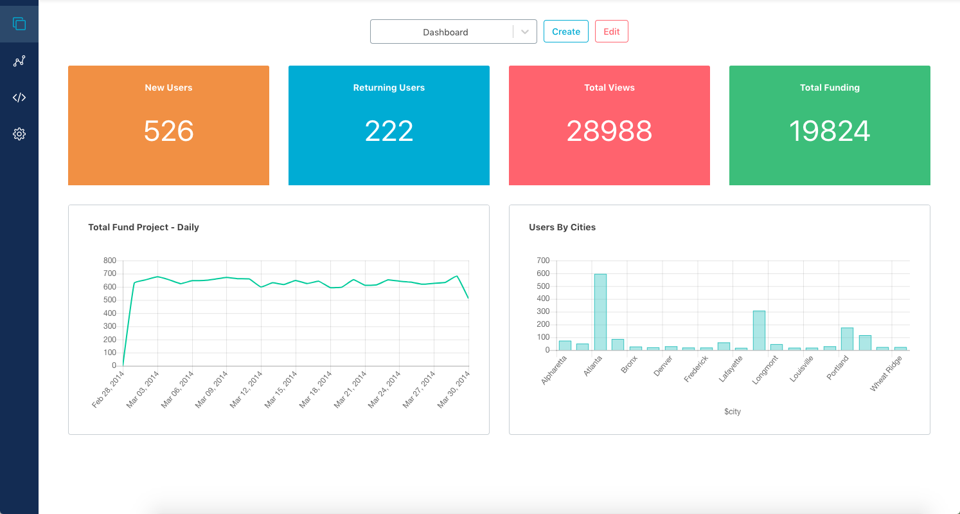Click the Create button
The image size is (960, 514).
click(565, 32)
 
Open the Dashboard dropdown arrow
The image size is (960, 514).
click(525, 32)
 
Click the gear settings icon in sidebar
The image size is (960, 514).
click(19, 134)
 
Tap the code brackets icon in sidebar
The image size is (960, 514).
click(19, 98)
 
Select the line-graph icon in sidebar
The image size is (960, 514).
click(19, 61)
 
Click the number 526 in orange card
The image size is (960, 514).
click(168, 131)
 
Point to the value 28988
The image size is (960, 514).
click(609, 131)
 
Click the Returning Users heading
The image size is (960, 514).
click(389, 87)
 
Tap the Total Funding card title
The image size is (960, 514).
click(830, 87)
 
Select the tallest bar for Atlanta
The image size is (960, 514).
click(600, 312)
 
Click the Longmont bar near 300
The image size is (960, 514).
click(759, 330)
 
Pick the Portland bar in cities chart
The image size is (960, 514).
click(847, 339)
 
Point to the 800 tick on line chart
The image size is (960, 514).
click(109, 261)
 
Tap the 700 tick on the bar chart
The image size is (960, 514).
click(543, 261)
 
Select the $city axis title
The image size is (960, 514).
click(732, 412)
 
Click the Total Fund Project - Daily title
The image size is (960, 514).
click(143, 227)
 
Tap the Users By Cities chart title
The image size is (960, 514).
click(562, 227)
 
